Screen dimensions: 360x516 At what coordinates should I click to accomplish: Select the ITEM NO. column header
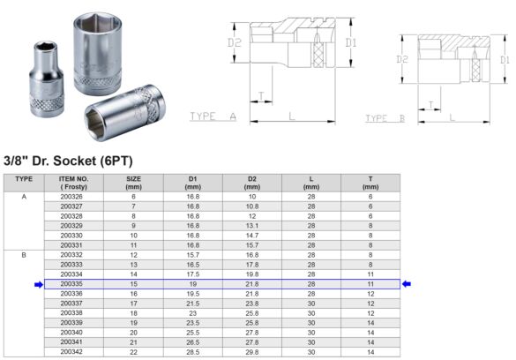(x=74, y=183)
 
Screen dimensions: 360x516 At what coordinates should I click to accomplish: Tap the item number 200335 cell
(x=71, y=284)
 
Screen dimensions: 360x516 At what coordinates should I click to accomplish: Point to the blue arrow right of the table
(x=408, y=284)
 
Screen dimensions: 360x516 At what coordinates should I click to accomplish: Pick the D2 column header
(x=251, y=183)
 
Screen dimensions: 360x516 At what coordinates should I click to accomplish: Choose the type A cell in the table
(x=24, y=197)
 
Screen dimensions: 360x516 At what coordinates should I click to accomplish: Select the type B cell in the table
(x=24, y=255)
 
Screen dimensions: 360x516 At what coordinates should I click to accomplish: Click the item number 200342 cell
(x=71, y=352)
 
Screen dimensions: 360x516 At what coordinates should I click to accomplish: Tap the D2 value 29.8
(x=251, y=352)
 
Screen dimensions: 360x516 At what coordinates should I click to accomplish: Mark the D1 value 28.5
(x=192, y=352)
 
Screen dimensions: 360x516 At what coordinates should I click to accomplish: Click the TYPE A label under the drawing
(x=213, y=116)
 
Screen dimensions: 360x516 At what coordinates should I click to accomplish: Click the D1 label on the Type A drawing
(x=351, y=41)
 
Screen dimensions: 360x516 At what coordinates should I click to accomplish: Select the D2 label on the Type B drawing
(x=402, y=60)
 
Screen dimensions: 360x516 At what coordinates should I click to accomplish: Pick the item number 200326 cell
(x=71, y=197)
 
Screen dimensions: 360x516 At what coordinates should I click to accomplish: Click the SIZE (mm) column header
(x=134, y=183)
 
